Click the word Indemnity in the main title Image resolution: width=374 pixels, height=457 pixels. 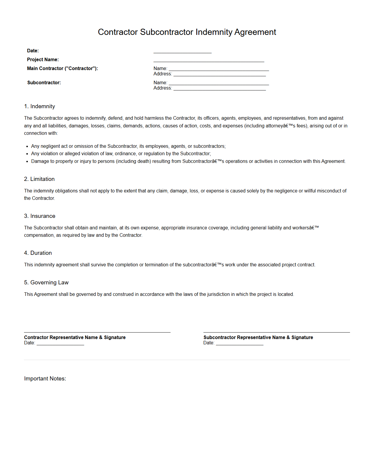[214, 32]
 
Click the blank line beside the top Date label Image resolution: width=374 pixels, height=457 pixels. [182, 51]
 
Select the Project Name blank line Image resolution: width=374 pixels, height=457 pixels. [208, 60]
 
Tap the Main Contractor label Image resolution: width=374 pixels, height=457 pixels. [62, 69]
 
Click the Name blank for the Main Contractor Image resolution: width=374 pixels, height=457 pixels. [219, 69]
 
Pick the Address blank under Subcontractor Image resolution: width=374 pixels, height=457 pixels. [219, 89]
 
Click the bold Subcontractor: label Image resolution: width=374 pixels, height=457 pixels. [44, 83]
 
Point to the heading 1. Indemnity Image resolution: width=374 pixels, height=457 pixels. [40, 106]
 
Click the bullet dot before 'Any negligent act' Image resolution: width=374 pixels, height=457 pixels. [27, 147]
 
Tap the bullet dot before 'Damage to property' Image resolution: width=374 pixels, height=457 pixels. [27, 162]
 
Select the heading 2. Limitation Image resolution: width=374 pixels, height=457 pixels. [39, 179]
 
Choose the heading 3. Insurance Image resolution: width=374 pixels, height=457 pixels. [40, 216]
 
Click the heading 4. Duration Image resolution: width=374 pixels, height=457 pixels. [38, 253]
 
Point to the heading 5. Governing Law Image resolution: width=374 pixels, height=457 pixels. [46, 283]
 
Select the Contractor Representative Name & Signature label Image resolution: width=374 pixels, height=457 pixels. [75, 338]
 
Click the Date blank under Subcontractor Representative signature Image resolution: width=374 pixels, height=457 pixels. [240, 343]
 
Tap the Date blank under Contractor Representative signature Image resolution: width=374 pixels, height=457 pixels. [60, 343]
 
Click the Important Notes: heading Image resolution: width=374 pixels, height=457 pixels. [45, 379]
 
